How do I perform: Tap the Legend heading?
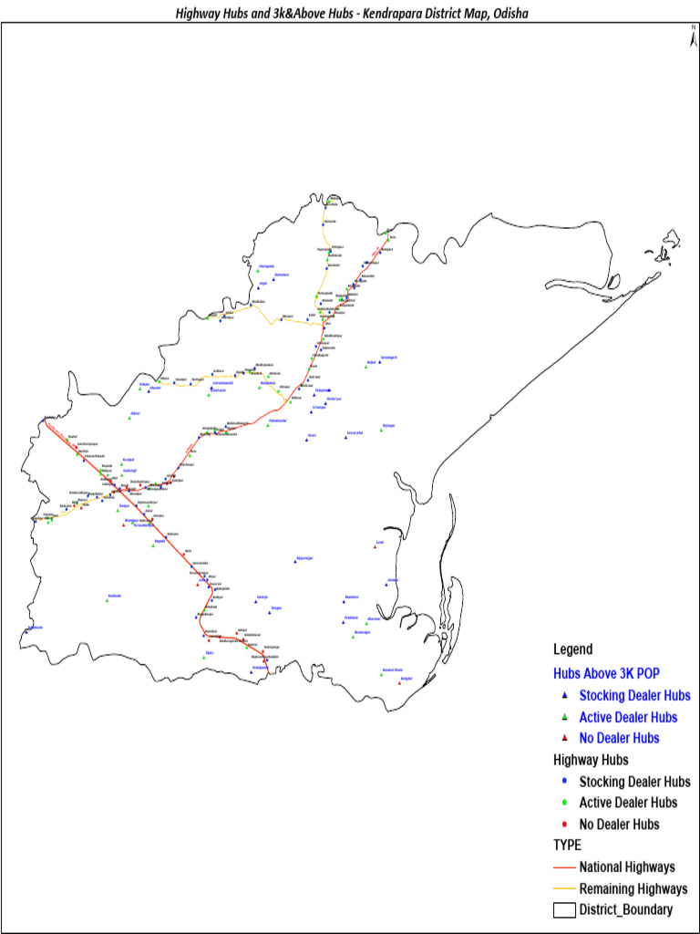(x=572, y=649)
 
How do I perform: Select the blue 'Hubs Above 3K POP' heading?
(x=605, y=673)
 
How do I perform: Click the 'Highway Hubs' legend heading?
(x=591, y=759)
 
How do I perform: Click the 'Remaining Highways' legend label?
(x=633, y=888)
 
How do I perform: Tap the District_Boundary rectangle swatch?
(x=565, y=909)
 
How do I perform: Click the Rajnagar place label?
(x=388, y=425)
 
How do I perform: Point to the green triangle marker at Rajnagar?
(x=382, y=430)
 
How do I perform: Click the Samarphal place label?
(x=355, y=432)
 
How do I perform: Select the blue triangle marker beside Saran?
(x=307, y=439)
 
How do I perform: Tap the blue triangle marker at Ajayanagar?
(x=295, y=562)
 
